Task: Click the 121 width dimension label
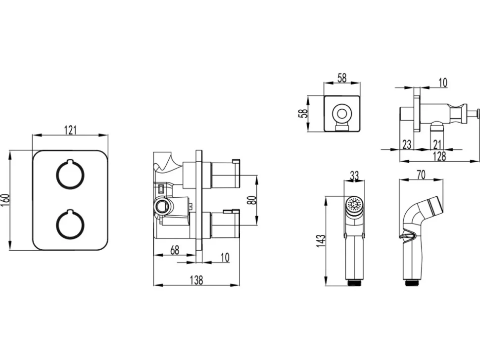[70, 130]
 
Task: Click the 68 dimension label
[174, 250]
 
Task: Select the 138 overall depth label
[196, 280]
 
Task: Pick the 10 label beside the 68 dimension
[225, 257]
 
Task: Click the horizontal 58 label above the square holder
[342, 78]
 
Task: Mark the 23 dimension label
[407, 144]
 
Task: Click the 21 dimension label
[437, 144]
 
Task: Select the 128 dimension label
[439, 156]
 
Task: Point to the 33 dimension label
[354, 176]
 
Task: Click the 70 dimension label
[421, 175]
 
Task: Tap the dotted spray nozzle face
[354, 204]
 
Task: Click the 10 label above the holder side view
[443, 83]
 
